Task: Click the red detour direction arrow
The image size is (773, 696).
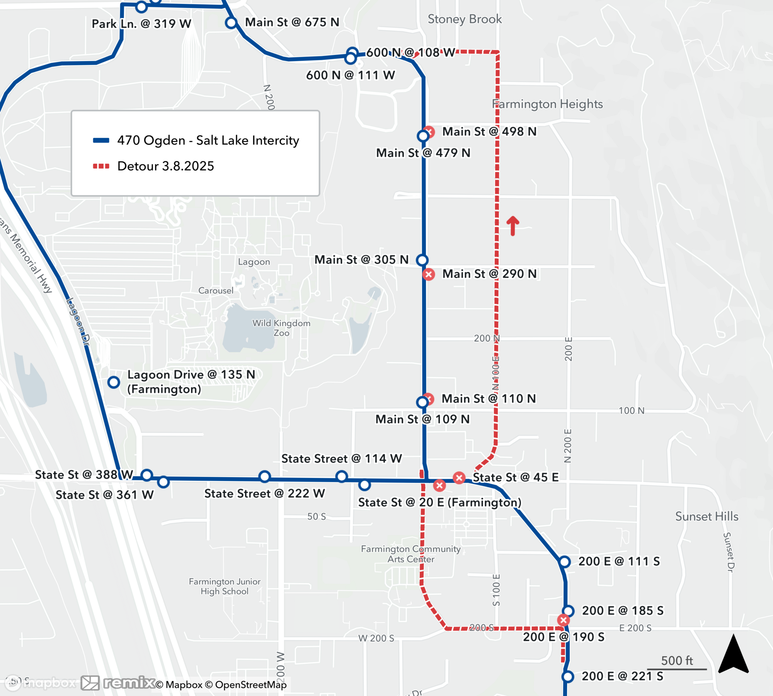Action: click(x=513, y=226)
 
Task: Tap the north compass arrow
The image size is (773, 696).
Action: click(x=733, y=654)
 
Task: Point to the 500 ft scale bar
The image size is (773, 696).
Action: click(x=677, y=669)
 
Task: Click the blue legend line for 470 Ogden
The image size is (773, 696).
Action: click(x=101, y=140)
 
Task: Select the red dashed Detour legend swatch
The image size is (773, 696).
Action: click(x=101, y=166)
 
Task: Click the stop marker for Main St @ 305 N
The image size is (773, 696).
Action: click(x=422, y=260)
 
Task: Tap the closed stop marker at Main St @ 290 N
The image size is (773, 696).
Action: click(x=429, y=275)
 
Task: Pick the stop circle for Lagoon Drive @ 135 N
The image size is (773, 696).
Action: click(x=114, y=382)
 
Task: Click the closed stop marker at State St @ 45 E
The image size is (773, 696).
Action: click(x=459, y=478)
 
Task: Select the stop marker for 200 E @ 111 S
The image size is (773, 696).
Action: click(x=565, y=561)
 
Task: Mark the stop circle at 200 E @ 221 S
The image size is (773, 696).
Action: click(x=568, y=677)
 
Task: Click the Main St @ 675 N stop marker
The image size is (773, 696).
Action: click(x=231, y=23)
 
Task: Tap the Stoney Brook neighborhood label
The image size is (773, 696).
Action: click(x=465, y=19)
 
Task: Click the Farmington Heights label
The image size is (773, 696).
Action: click(x=547, y=104)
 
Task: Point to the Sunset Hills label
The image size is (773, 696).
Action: click(x=707, y=517)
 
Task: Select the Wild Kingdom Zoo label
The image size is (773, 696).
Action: click(x=281, y=328)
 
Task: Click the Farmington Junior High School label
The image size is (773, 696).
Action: click(x=225, y=586)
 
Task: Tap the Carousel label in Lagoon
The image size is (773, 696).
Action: click(x=216, y=291)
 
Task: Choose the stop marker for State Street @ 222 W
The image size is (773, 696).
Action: click(x=265, y=477)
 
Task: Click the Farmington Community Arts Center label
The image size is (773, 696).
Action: click(x=411, y=554)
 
